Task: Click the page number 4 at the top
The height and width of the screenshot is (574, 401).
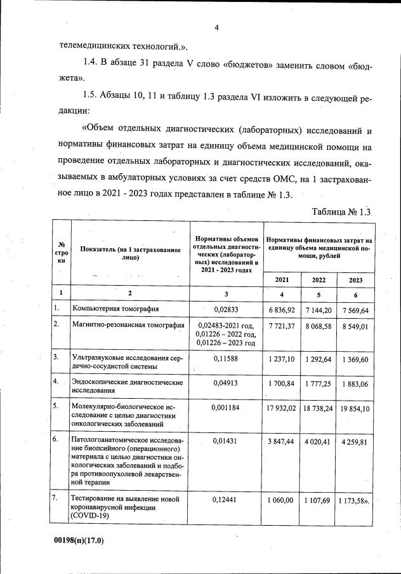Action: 216,27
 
